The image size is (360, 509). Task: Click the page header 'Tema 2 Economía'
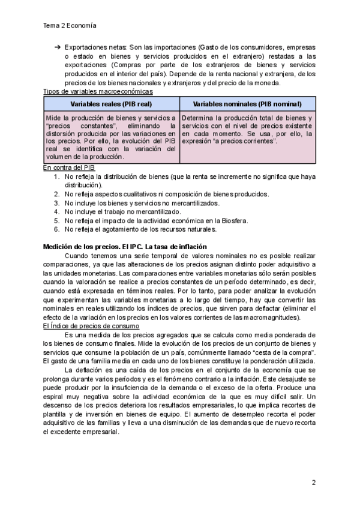(x=70, y=26)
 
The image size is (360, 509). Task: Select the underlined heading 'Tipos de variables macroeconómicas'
(x=98, y=91)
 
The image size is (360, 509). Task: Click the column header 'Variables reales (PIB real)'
(x=111, y=104)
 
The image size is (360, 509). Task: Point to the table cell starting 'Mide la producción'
(x=111, y=137)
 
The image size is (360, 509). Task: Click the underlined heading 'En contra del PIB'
(x=69, y=168)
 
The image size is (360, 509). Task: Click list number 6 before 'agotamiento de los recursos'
(x=56, y=229)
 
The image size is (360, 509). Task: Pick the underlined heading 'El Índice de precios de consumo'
(x=91, y=326)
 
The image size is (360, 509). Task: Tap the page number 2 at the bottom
(x=313, y=482)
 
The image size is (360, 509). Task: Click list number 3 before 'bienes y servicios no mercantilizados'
(x=56, y=203)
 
